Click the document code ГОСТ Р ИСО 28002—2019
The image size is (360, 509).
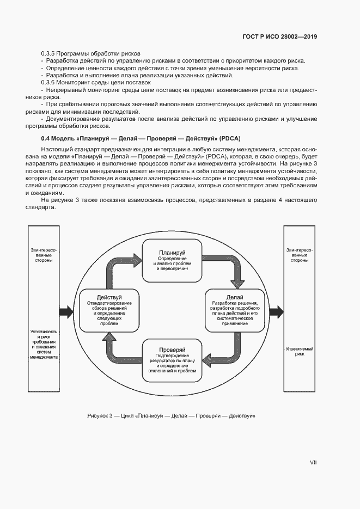(x=279, y=38)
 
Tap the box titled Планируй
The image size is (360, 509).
(x=172, y=261)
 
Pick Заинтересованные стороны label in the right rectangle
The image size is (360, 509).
(x=299, y=255)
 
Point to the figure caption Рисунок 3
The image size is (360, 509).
(x=172, y=416)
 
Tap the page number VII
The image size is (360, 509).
(x=313, y=462)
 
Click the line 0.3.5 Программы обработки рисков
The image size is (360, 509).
(x=91, y=53)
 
